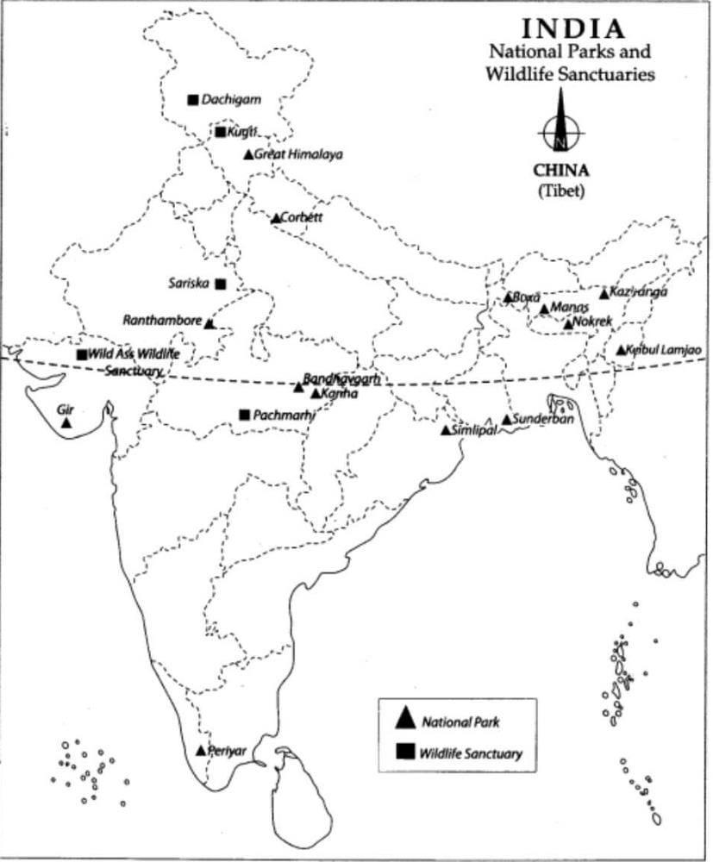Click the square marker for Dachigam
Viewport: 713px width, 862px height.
(x=192, y=99)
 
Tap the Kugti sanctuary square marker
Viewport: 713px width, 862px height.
(x=221, y=132)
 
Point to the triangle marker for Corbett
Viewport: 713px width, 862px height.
(x=276, y=219)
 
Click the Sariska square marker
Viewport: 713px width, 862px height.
(x=221, y=284)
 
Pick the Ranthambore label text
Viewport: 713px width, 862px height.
(x=162, y=320)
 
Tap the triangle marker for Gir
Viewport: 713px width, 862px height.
(x=66, y=423)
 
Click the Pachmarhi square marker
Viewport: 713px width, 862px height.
(x=245, y=415)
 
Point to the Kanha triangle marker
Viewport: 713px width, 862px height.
(x=316, y=394)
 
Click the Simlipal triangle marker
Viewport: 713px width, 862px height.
(x=445, y=430)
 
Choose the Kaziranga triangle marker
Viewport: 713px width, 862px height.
(x=604, y=294)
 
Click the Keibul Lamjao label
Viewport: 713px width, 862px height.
(x=664, y=349)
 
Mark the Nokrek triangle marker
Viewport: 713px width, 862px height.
(x=567, y=324)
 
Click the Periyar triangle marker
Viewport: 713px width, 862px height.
(x=201, y=751)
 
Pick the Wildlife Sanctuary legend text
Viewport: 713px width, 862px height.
(x=471, y=753)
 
